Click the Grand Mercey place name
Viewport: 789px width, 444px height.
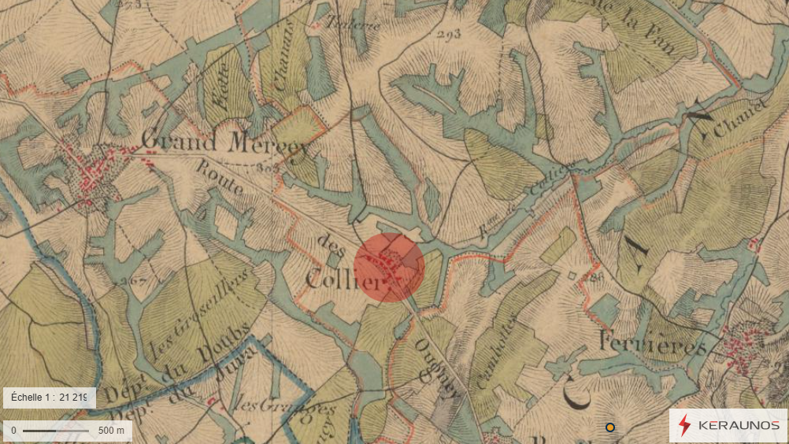click(222, 142)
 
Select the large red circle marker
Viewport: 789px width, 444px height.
click(389, 267)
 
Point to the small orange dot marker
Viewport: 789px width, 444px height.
click(609, 427)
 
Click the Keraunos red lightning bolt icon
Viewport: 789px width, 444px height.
click(684, 425)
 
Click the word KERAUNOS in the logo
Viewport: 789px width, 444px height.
click(739, 426)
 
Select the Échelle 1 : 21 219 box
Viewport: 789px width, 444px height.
click(50, 398)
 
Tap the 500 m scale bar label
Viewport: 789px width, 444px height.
click(111, 431)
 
